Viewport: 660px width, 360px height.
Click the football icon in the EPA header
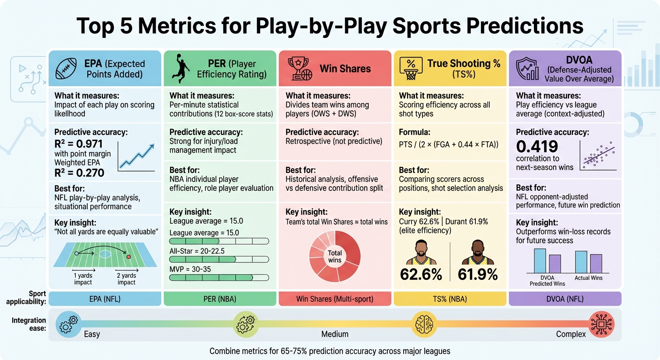(x=66, y=68)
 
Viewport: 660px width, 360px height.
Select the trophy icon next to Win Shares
(x=300, y=68)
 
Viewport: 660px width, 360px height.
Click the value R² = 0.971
(x=78, y=144)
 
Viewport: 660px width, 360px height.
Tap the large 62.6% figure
(x=421, y=274)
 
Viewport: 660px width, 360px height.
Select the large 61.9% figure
(x=478, y=274)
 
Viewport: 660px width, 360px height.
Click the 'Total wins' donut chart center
(x=335, y=256)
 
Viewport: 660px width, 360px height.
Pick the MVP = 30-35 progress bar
(x=219, y=277)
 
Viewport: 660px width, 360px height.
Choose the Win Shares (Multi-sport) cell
(x=335, y=299)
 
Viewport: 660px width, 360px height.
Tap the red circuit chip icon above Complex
(x=601, y=323)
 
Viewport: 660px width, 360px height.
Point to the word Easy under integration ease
(x=92, y=334)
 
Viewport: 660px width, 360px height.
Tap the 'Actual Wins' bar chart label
(x=588, y=278)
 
